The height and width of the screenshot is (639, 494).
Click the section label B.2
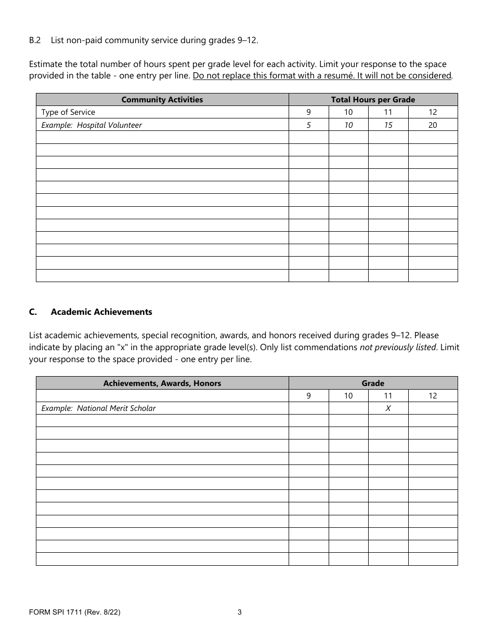coord(34,40)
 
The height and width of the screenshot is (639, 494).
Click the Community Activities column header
coord(162,100)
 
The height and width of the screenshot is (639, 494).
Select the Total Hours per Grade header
coord(373,100)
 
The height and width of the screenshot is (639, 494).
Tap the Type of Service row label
coord(68,112)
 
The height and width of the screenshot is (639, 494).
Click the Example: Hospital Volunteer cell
coord(92,125)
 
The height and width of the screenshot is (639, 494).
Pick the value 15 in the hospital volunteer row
coord(388,125)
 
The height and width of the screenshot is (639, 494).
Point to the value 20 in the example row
coord(433,125)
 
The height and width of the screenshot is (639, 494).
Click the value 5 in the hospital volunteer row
coord(308,125)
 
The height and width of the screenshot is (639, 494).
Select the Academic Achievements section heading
coord(101,312)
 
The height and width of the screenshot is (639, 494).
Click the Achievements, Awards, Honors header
coord(162,383)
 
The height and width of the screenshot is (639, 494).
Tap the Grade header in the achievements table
coord(373,383)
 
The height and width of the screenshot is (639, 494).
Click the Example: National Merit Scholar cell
coord(98,408)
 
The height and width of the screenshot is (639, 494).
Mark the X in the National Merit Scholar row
coord(388,408)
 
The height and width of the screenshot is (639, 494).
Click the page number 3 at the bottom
coord(240,612)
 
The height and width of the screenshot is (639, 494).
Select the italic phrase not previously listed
coord(397,348)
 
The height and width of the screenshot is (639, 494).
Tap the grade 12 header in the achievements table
coord(433,396)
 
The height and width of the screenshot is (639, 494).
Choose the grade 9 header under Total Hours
coord(308,112)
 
